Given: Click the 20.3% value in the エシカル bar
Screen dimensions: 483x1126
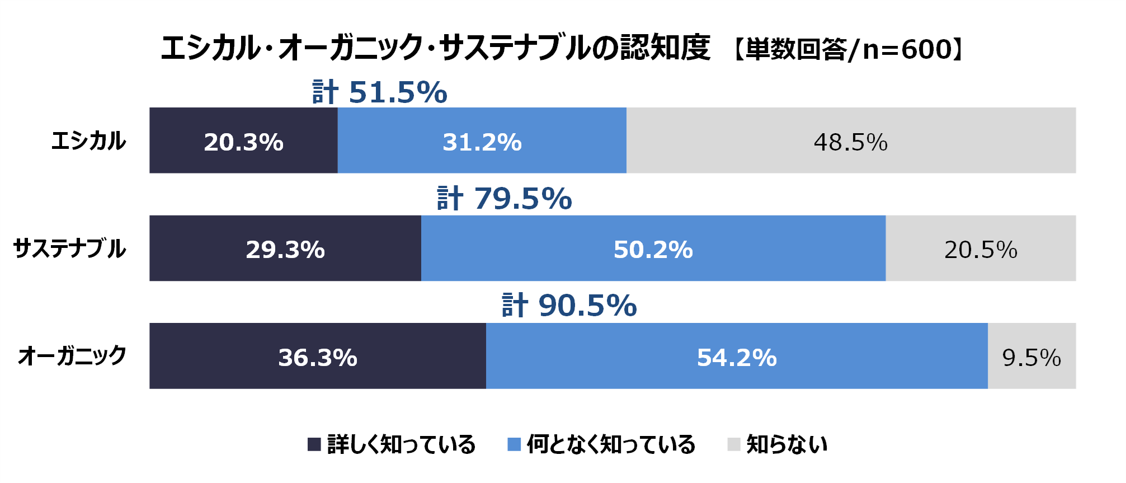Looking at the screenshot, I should point(243,142).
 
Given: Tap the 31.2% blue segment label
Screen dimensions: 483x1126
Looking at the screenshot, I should point(482,142).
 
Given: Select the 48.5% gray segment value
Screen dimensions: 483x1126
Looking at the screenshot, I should point(850,142).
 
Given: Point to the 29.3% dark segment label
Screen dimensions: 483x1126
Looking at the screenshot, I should point(285,250).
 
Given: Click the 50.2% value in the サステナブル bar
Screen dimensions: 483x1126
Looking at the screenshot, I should point(653,250).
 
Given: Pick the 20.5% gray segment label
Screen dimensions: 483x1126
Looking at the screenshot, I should point(981,250).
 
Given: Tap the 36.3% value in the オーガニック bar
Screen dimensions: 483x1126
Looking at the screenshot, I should point(318,357).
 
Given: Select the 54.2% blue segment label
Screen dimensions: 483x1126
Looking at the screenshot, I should point(737,357).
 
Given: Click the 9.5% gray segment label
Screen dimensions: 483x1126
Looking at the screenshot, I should point(1031,358).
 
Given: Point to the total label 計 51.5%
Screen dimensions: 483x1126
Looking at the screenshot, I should point(380,92).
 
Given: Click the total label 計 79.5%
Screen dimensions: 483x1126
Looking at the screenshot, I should point(504,199).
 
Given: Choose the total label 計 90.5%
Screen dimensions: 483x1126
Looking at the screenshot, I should point(569,306).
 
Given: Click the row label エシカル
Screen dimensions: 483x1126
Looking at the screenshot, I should point(88,141).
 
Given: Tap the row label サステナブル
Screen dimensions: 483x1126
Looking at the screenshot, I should point(69,248).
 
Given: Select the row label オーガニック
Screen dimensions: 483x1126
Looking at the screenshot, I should point(72,356).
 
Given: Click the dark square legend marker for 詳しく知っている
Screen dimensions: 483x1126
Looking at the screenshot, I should point(314,444).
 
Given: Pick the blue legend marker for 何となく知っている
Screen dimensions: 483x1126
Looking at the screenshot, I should point(513,444).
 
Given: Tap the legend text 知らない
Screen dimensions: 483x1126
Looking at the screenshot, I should point(786,444).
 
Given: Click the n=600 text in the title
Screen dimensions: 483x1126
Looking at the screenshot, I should point(907,49).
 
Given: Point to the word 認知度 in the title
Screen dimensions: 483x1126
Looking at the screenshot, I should point(665,47).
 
